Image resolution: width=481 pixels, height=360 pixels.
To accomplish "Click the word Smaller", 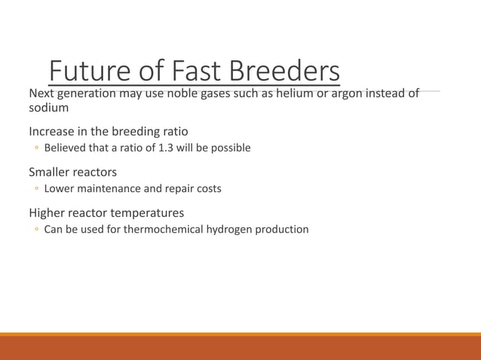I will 51,172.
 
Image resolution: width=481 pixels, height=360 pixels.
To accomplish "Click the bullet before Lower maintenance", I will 35,189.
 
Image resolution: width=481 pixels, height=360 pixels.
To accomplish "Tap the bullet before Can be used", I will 35,230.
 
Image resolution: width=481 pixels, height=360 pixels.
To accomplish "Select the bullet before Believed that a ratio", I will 35,148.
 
